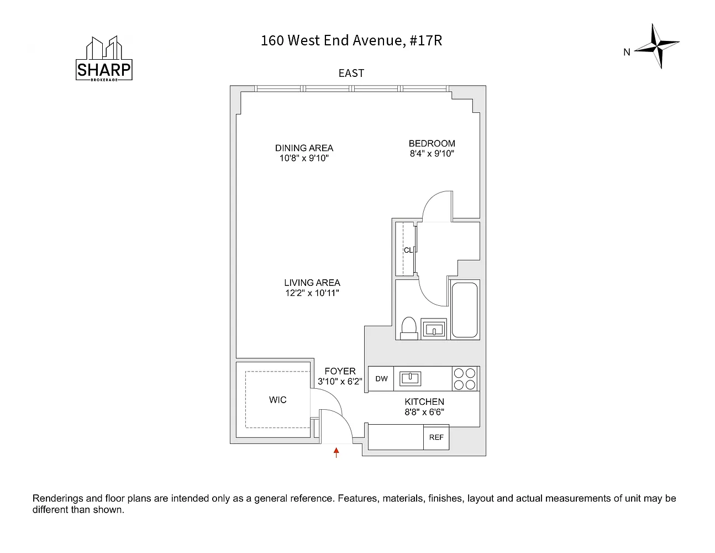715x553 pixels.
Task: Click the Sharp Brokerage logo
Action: [x=104, y=60]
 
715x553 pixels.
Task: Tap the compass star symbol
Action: [x=657, y=46]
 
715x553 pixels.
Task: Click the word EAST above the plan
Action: [x=351, y=73]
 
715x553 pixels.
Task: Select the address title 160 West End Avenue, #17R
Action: [x=351, y=40]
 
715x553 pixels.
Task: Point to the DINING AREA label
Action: [x=304, y=148]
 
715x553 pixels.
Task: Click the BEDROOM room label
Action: [x=432, y=144]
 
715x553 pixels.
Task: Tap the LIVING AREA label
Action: [x=312, y=283]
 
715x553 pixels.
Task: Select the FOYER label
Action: [x=340, y=371]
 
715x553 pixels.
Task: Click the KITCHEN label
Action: [x=424, y=402]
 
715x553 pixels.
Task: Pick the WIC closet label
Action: [x=277, y=400]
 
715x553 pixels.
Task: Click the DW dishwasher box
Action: [x=381, y=379]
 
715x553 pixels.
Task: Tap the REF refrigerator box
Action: [x=436, y=437]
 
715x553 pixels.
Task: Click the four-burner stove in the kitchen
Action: [x=465, y=379]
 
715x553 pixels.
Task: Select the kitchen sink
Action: [x=411, y=378]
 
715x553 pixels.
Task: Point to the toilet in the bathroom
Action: [x=409, y=327]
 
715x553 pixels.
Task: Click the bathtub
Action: [x=464, y=310]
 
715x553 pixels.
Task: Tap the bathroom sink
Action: [x=434, y=328]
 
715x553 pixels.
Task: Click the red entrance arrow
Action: [x=336, y=453]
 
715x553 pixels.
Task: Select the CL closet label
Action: [x=408, y=250]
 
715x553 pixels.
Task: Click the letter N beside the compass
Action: [x=627, y=53]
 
